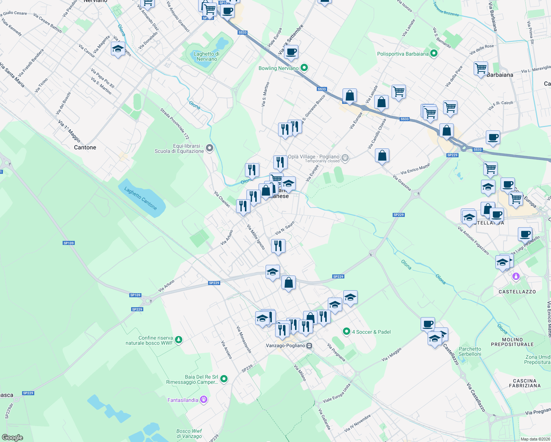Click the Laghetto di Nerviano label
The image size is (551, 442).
pos(206,56)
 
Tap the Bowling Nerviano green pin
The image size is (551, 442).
pos(304,68)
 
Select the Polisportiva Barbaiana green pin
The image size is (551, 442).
pos(434,53)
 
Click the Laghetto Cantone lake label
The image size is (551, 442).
pos(141,198)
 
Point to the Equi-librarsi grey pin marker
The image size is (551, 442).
pos(210,148)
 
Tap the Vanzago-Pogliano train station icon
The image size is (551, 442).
pos(309,345)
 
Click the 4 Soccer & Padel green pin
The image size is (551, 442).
pos(346,331)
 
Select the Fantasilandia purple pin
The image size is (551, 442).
pos(204,400)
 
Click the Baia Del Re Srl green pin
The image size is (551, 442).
pos(224,379)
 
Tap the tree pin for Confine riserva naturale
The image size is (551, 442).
pos(179,340)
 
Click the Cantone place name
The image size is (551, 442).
pos(85,147)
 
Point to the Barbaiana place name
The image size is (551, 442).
pos(500,75)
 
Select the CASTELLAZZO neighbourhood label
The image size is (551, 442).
pos(517,292)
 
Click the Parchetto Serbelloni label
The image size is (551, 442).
pos(470,351)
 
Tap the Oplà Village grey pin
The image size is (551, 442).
pos(345,158)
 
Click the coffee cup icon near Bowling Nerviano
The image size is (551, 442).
pos(291,52)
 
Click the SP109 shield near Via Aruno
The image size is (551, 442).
pos(135,295)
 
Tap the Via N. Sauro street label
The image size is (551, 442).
pos(285,228)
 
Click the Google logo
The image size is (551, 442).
pos(13,437)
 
